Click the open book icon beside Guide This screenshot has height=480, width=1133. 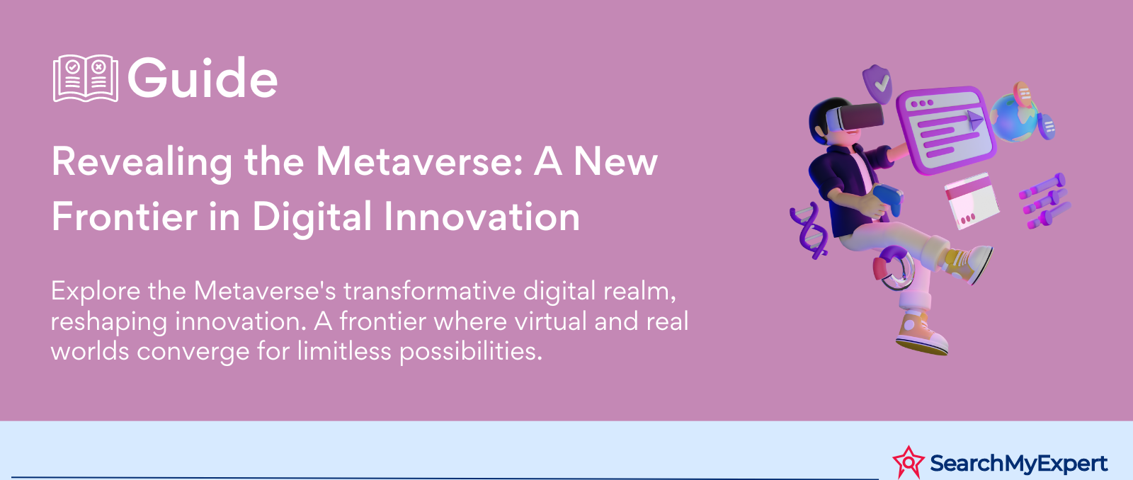[x=86, y=79]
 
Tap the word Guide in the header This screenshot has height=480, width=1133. [x=203, y=78]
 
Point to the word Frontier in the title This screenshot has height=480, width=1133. [x=125, y=216]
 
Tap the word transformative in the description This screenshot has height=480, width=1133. [x=428, y=291]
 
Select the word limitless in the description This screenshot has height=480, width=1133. [x=344, y=350]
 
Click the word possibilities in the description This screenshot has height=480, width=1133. [x=471, y=352]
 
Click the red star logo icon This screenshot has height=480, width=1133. [x=909, y=462]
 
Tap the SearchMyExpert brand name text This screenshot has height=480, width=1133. [x=1019, y=463]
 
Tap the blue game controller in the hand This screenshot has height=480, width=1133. [x=889, y=199]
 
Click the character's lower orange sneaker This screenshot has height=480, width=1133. [x=922, y=334]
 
